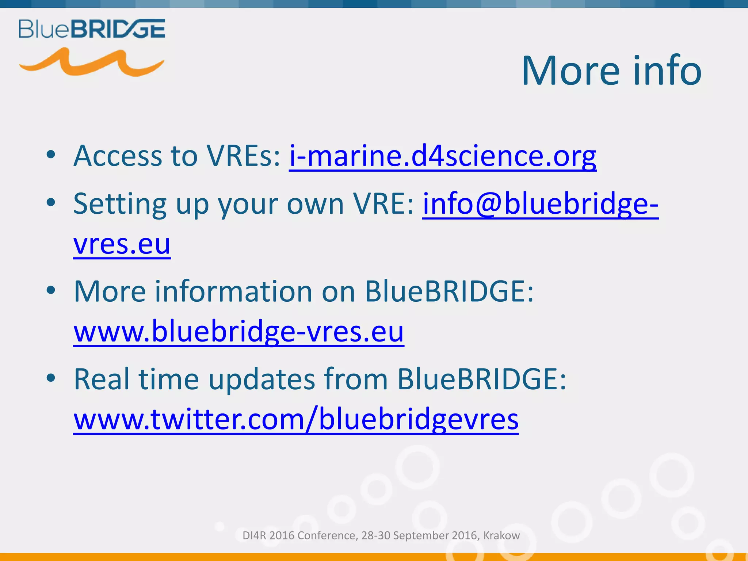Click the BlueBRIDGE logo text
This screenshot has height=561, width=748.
pyautogui.click(x=92, y=29)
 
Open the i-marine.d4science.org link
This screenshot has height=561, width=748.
pyautogui.click(x=443, y=156)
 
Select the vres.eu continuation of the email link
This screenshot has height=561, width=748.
pyautogui.click(x=122, y=244)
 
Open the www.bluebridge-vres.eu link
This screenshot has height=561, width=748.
pyautogui.click(x=238, y=332)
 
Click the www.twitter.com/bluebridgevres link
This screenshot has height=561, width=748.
pyautogui.click(x=296, y=419)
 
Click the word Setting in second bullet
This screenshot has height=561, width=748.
pyautogui.click(x=120, y=205)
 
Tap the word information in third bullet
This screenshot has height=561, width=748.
pyautogui.click(x=234, y=291)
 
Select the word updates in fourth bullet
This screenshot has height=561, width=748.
pyautogui.click(x=262, y=379)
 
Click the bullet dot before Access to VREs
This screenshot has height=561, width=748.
pyautogui.click(x=51, y=155)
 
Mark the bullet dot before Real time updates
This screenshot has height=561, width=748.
pyautogui.click(x=51, y=378)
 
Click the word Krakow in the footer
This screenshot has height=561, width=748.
pyautogui.click(x=501, y=535)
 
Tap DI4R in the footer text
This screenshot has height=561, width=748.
pyautogui.click(x=255, y=535)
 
